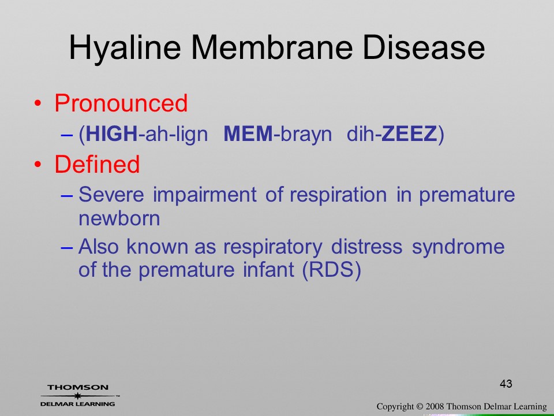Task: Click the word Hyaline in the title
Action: point(125,49)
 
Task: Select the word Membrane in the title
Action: point(272,47)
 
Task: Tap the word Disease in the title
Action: point(424,47)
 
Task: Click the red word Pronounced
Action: point(121,103)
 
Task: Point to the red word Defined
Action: point(97,164)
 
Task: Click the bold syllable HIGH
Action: point(111,133)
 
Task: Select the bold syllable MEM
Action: point(248,133)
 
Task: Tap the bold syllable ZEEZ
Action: point(410,133)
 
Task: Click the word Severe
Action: point(111,194)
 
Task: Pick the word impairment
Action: point(204,195)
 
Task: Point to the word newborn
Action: point(119,218)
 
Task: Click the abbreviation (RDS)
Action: point(332,270)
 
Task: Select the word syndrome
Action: point(458,247)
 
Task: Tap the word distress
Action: point(367,246)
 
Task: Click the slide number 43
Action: point(506,384)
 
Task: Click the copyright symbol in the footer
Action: point(420,406)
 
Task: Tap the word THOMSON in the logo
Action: point(78,387)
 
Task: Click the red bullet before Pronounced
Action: point(38,103)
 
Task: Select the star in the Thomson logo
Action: point(77,396)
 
